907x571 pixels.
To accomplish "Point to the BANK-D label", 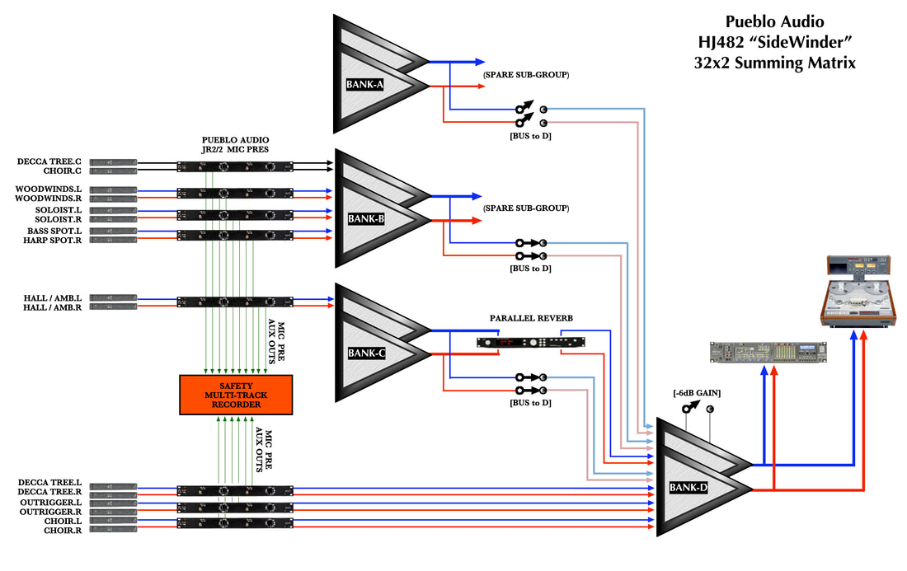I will [689, 489].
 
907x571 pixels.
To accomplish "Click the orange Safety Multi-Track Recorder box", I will [236, 395].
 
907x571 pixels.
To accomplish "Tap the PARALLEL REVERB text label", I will [531, 318].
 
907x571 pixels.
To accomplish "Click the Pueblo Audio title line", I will [774, 22].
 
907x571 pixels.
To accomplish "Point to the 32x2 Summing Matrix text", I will [774, 62].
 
